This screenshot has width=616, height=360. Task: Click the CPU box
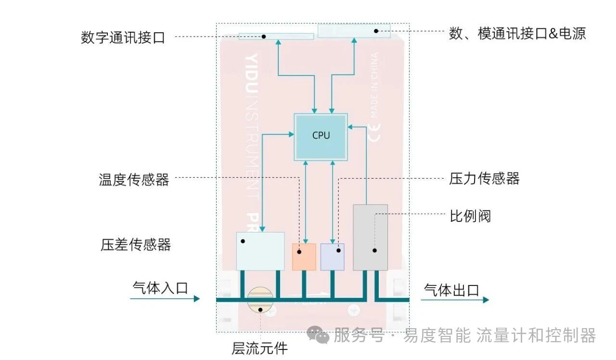[x=321, y=137]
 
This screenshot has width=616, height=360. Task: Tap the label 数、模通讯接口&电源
[x=517, y=34]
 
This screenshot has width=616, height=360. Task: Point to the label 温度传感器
[x=134, y=180]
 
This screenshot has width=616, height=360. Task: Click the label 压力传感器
[x=484, y=179]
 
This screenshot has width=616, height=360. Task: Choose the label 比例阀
[x=470, y=216]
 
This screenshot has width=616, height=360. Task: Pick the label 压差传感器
[x=136, y=244]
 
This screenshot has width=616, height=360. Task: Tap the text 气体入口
[x=160, y=288]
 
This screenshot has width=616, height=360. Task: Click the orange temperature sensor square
[x=304, y=257]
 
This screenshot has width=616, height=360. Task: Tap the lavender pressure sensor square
[x=333, y=257]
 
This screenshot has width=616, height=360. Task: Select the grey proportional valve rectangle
[x=370, y=237]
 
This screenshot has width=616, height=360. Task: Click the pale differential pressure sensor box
[x=260, y=251]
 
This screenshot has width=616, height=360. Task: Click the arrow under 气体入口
[x=165, y=299]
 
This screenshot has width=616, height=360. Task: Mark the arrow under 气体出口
[x=455, y=300]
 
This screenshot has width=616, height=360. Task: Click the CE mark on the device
[x=374, y=132]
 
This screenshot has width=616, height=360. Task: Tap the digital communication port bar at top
[x=276, y=37]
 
